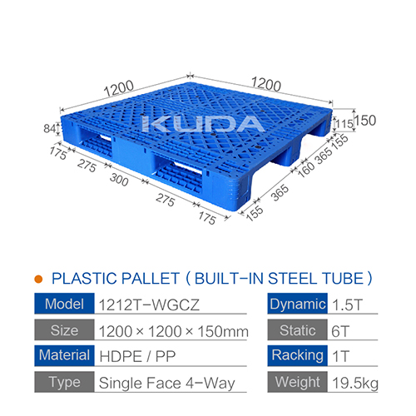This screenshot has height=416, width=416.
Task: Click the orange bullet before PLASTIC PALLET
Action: click(38, 279)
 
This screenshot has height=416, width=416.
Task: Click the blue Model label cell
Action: click(62, 304)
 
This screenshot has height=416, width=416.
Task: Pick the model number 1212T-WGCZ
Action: click(137, 304)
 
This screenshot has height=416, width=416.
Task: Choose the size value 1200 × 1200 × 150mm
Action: click(173, 331)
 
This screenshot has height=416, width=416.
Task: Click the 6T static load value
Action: click(339, 331)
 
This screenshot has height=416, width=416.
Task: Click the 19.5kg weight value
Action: click(352, 384)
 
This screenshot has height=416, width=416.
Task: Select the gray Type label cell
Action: click(62, 384)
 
